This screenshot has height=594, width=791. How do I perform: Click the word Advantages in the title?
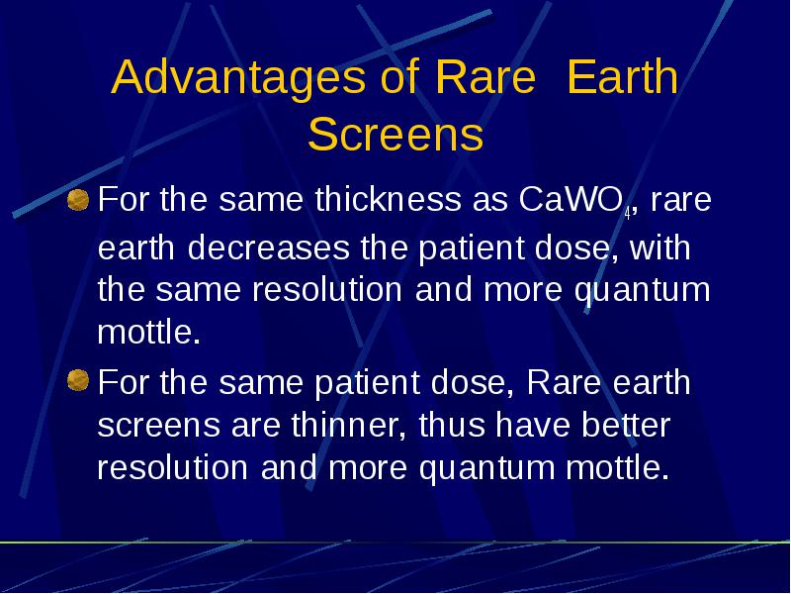click(x=238, y=78)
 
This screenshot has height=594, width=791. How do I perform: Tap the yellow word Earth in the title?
click(x=622, y=76)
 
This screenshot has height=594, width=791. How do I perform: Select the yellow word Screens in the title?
click(x=395, y=134)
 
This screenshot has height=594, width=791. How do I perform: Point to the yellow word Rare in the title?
click(x=484, y=77)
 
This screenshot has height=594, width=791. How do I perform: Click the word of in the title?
click(x=400, y=76)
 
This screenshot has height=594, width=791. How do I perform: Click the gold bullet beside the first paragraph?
click(x=78, y=200)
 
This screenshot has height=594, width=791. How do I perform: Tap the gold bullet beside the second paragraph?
click(x=78, y=380)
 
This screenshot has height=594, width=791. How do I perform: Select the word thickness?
click(x=388, y=199)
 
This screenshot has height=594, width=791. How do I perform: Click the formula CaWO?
click(x=571, y=199)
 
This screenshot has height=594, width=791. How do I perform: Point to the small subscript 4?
click(x=627, y=214)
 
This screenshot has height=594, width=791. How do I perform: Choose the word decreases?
click(x=268, y=247)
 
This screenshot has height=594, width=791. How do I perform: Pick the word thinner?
click(x=349, y=424)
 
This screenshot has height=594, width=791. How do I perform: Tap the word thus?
click(x=452, y=424)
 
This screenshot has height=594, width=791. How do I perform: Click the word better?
click(x=626, y=424)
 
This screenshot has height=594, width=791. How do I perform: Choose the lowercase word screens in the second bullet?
click(x=158, y=426)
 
